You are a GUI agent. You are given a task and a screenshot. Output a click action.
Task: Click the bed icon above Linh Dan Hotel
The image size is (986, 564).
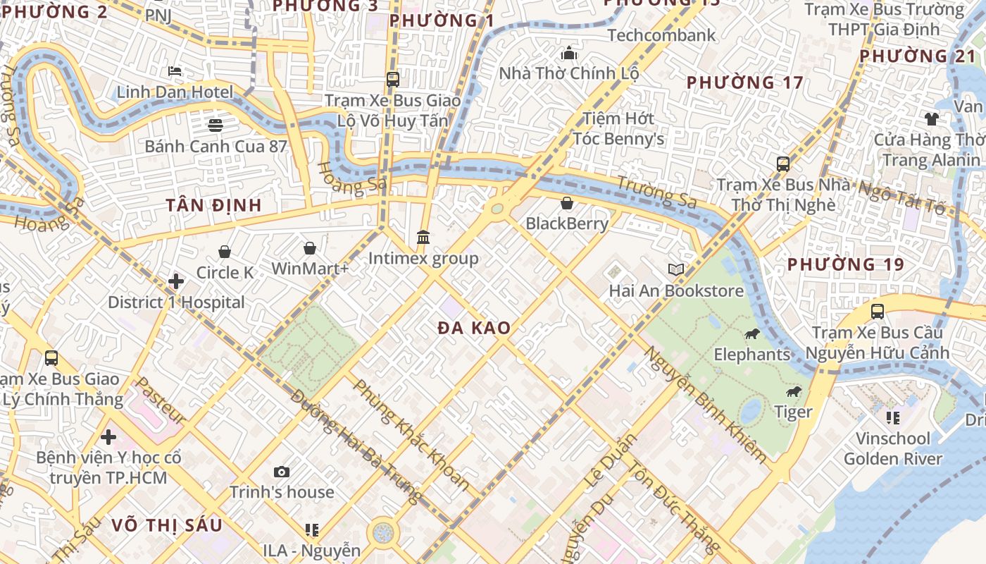[x=175, y=71]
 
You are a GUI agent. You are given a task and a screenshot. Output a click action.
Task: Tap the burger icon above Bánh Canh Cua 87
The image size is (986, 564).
[x=216, y=125]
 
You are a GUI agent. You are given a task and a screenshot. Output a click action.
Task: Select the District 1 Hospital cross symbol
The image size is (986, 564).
[x=176, y=282]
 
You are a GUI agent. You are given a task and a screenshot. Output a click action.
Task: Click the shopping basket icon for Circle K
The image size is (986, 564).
[x=225, y=252]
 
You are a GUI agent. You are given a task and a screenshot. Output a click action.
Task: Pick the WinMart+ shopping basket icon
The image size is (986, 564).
[x=309, y=248]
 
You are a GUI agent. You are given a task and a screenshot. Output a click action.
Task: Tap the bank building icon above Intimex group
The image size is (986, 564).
[x=423, y=238]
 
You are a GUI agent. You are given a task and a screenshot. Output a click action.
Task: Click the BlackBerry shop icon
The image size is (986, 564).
[x=567, y=204]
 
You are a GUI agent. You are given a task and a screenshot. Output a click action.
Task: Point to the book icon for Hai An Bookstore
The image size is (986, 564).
[x=676, y=270]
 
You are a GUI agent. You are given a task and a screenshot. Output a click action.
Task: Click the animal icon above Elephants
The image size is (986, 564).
[x=752, y=333]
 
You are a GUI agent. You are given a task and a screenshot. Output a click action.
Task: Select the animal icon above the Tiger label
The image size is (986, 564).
[x=793, y=391]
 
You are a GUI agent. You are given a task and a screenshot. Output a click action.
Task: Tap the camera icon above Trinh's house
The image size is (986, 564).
[x=282, y=472]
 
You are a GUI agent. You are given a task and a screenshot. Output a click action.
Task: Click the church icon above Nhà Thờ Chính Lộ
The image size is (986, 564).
[x=568, y=53]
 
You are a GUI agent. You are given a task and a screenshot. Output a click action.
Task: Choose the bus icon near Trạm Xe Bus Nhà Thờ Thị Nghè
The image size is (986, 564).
[x=782, y=164]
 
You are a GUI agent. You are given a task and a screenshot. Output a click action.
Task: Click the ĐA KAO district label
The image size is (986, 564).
[x=474, y=328]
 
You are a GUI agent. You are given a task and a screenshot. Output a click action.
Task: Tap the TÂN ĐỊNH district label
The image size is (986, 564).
[x=214, y=205]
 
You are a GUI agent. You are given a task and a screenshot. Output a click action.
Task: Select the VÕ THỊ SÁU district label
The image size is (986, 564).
[x=167, y=525]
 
